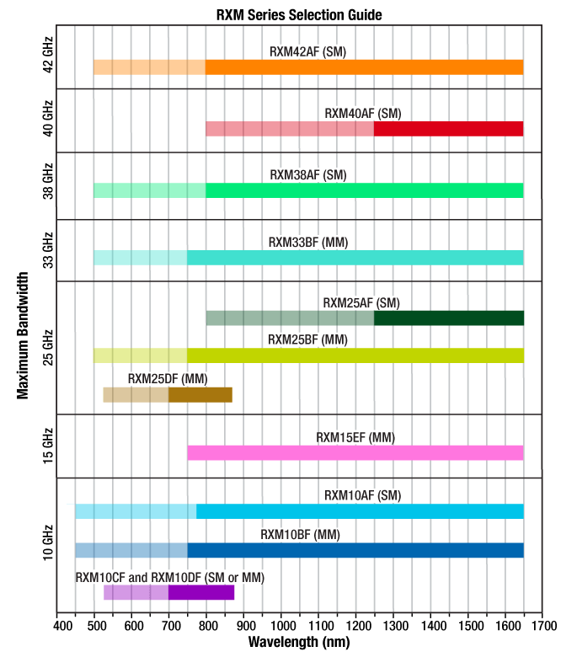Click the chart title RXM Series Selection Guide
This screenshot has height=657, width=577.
(288, 14)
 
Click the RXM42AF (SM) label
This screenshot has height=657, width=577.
(307, 51)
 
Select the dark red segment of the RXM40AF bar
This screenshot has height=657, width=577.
(448, 128)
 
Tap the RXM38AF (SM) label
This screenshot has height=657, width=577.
(307, 175)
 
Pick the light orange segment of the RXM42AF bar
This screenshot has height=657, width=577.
(149, 67)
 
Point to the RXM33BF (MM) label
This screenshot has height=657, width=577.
(307, 243)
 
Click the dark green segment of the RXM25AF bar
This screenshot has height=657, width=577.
(448, 318)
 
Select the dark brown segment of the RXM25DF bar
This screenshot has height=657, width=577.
(200, 394)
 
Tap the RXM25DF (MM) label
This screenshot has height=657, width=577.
(168, 378)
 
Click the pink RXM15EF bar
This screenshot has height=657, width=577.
(355, 452)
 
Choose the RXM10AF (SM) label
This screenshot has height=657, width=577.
(363, 495)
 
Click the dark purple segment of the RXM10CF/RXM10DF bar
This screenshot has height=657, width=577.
(200, 592)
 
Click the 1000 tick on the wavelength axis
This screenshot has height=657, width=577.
(283, 626)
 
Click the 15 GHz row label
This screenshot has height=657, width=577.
(48, 445)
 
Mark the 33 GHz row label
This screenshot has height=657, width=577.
(48, 250)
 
